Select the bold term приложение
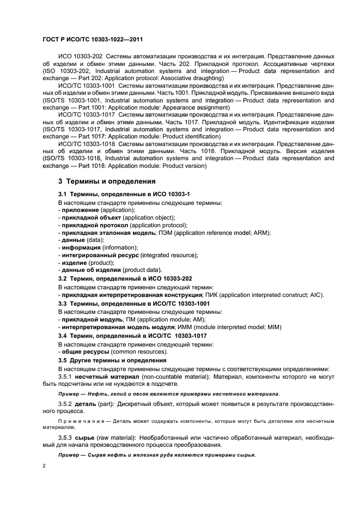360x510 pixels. point(80,210)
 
